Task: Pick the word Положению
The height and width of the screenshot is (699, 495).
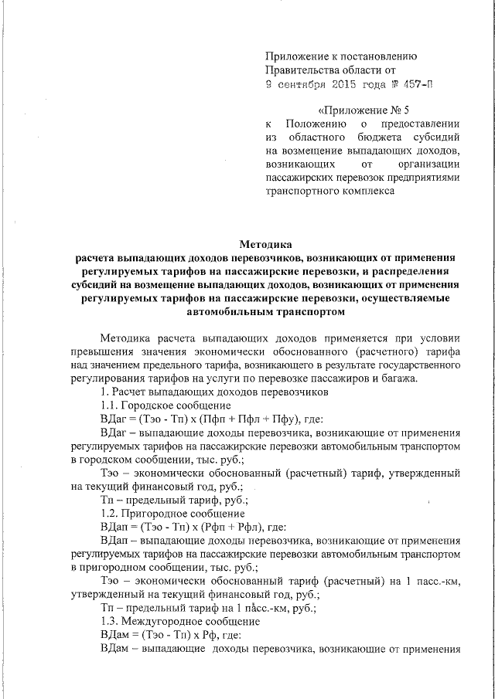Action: pyautogui.click(x=315, y=124)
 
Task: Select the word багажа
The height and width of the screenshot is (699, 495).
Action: pyautogui.click(x=395, y=378)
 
